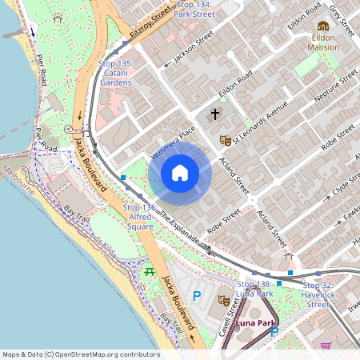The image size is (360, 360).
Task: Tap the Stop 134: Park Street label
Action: (x=193, y=10)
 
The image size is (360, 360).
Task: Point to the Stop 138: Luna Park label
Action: (x=255, y=289)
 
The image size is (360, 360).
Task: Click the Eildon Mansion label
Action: (x=323, y=42)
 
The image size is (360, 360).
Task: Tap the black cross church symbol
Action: (x=214, y=114)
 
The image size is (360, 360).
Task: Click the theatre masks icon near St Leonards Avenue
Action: (x=226, y=140)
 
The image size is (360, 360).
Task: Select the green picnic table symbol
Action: (x=149, y=272)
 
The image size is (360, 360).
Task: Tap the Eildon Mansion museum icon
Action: (x=323, y=26)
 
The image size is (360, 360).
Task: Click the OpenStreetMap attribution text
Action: (x=81, y=354)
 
